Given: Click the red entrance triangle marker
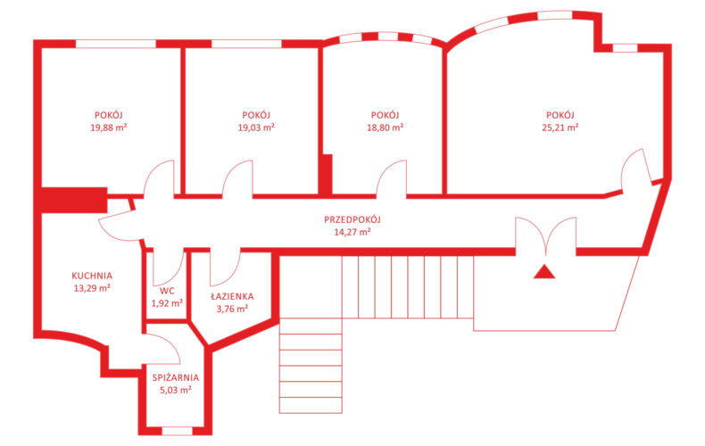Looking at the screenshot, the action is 544,272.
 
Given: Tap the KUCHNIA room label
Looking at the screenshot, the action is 92,276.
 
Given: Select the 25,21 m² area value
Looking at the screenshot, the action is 560,128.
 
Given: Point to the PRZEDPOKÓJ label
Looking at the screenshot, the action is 352,219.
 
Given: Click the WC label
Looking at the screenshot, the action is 167,291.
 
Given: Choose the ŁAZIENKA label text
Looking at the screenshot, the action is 232,296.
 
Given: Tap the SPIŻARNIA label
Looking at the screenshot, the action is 175,377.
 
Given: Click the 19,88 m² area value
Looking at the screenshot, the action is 108,128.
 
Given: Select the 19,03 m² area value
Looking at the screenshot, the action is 256,128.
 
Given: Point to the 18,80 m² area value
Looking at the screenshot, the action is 385,128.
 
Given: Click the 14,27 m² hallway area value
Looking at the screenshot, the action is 352,232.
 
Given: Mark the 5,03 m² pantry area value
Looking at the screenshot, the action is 175,390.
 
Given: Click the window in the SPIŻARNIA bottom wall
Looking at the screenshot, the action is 177,431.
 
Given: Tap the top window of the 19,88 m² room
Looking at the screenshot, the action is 115,44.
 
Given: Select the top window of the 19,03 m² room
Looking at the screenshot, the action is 246,44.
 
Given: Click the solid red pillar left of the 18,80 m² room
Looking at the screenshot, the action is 326,175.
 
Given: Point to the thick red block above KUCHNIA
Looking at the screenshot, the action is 73,200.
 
